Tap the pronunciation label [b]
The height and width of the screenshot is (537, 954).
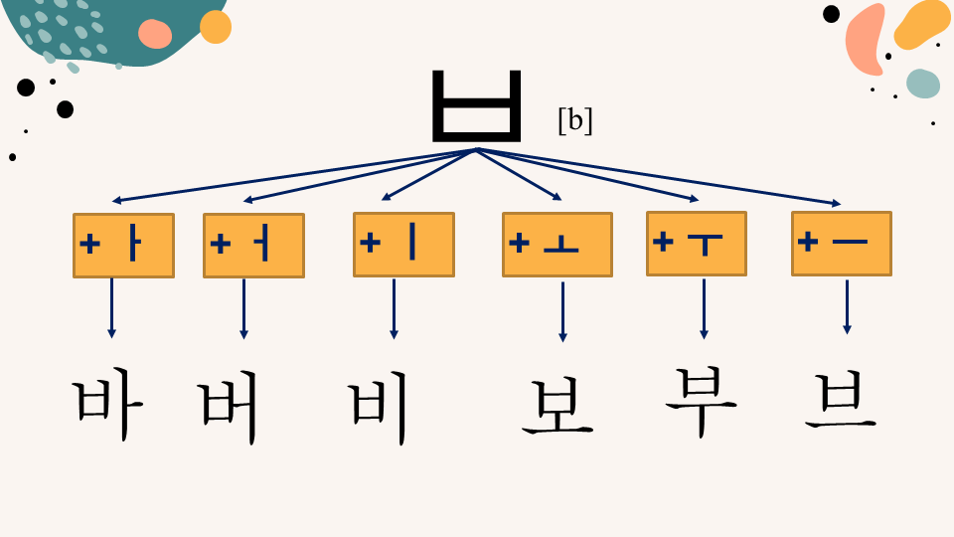(575, 120)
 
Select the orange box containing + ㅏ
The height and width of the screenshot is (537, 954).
(123, 246)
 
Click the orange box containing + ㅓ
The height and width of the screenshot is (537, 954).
(253, 246)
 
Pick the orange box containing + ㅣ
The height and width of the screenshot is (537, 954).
(404, 245)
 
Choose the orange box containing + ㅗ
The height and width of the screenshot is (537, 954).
(557, 245)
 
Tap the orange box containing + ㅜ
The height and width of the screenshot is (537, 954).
(697, 244)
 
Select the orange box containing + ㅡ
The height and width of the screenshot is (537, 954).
(842, 244)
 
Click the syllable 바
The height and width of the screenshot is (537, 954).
(108, 405)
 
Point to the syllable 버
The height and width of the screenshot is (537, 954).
(229, 407)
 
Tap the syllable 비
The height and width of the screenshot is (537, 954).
(378, 408)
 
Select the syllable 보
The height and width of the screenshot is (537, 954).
(557, 407)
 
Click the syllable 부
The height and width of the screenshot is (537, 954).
(701, 402)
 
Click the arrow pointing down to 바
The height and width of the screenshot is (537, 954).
(111, 308)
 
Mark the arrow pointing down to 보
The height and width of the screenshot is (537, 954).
(562, 311)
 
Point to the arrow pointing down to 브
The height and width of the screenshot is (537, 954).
(847, 307)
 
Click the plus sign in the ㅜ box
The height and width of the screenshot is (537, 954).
(663, 241)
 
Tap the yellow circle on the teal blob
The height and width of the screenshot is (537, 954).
(216, 27)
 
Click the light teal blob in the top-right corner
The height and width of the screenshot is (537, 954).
(923, 84)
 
